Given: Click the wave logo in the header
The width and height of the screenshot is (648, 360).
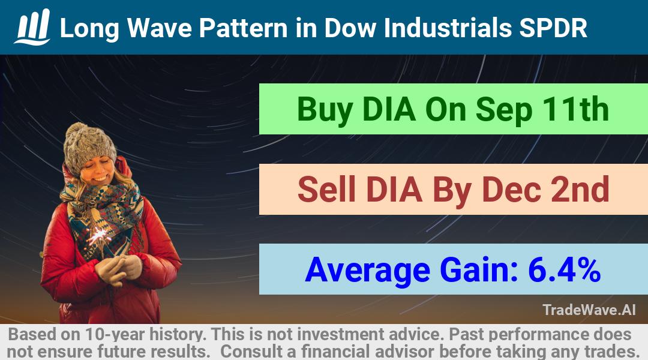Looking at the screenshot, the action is pyautogui.click(x=32, y=27).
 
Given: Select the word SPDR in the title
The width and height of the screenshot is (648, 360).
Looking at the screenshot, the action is pyautogui.click(x=553, y=28).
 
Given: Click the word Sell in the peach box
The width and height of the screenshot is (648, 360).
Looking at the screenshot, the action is pyautogui.click(x=326, y=189).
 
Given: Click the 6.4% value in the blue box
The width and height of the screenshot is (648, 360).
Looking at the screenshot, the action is pyautogui.click(x=564, y=269).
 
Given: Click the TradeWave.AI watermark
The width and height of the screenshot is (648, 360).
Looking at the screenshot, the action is pyautogui.click(x=589, y=310).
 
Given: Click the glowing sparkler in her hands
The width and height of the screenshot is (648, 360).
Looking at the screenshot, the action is pyautogui.click(x=98, y=236).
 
